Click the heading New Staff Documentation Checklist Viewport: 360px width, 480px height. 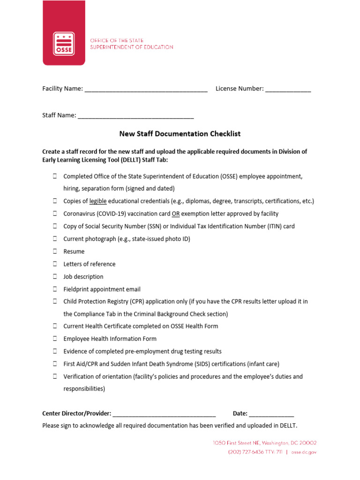[180, 134]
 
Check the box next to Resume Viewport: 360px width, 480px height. [55, 251]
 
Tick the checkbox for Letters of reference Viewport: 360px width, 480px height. [55, 264]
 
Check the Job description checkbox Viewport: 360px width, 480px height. [55, 277]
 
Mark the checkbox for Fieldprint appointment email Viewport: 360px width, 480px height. [55, 289]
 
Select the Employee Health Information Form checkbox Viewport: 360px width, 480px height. [55, 338]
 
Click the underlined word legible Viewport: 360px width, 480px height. [98, 201]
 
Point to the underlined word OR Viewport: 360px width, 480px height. [176, 214]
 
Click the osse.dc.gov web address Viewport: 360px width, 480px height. [304, 452]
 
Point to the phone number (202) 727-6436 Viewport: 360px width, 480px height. [245, 452]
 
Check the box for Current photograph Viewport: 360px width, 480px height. [55, 239]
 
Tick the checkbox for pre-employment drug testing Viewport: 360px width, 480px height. [55, 351]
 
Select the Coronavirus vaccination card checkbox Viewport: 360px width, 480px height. [55, 214]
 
